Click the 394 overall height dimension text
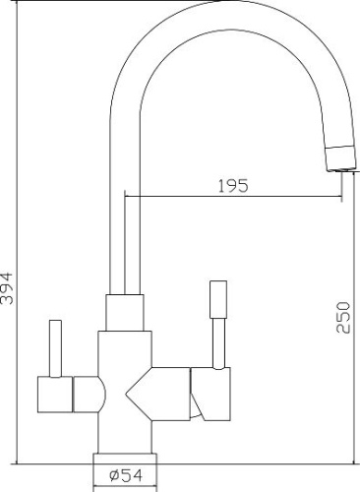[7, 288]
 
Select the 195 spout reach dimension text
[233, 186]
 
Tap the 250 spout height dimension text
[343, 318]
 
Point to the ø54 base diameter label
[126, 475]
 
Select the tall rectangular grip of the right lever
[218, 299]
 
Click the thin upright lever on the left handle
[55, 348]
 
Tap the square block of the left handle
[55, 395]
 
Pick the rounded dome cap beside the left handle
[90, 395]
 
